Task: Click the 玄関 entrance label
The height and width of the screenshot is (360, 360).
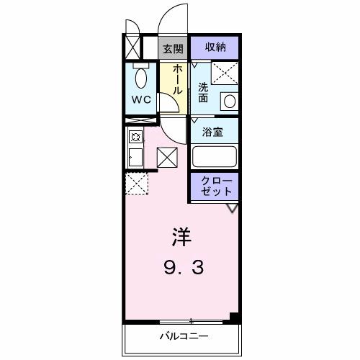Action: tap(171, 48)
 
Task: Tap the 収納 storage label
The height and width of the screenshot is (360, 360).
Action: tap(215, 48)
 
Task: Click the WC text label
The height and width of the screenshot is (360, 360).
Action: tap(141, 99)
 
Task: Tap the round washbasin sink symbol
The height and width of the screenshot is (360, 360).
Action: tap(228, 101)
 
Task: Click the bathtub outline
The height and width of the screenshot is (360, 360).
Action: tap(214, 156)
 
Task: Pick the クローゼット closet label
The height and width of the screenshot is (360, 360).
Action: tap(215, 186)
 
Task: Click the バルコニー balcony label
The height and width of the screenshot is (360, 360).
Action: tap(183, 336)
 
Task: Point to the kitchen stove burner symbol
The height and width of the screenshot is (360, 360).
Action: tap(134, 136)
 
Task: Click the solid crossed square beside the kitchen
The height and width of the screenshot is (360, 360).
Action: tap(166, 156)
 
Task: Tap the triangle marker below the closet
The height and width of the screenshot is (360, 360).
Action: tap(232, 208)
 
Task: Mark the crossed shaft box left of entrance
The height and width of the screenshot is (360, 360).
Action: tap(132, 47)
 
